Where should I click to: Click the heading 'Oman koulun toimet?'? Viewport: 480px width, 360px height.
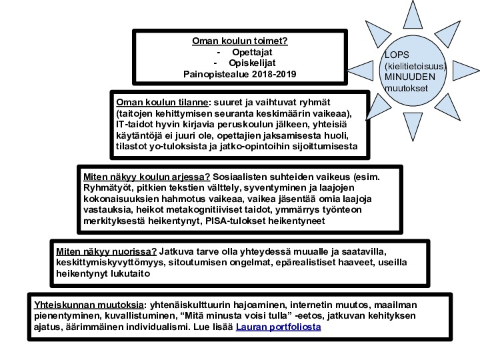point(240,41)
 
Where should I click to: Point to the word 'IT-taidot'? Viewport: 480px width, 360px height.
point(135,125)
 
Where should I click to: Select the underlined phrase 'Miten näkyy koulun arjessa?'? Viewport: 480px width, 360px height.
point(147,177)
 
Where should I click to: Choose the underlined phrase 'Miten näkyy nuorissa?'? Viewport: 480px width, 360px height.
point(107,251)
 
